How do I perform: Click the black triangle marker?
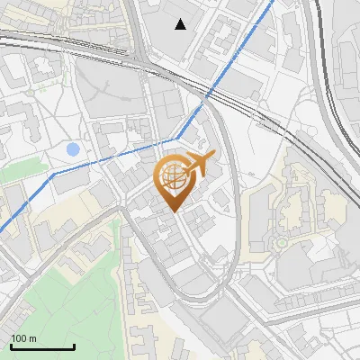pos(181,24)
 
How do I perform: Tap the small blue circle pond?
pos(73,148)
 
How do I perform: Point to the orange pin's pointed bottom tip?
pos(174,211)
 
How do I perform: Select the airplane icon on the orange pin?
pos(200,163)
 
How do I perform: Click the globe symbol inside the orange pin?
pos(173,178)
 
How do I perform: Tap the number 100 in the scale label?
pos(19,338)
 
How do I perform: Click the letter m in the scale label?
pos(32,338)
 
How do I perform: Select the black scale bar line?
pos(41,346)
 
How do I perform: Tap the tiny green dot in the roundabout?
pos(282,242)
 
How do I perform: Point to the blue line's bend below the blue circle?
pos(53,172)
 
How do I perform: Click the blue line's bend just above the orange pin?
pos(175,139)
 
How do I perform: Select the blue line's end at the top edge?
pos(273,2)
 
